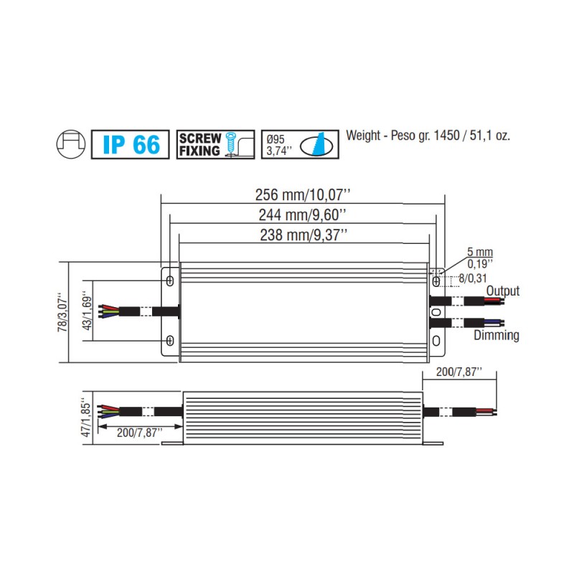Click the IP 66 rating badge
pyautogui.click(x=131, y=144)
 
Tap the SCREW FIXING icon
pyautogui.click(x=215, y=144)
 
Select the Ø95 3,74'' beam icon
pyautogui.click(x=298, y=144)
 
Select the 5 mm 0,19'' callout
pyautogui.click(x=479, y=258)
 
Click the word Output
pyautogui.click(x=502, y=291)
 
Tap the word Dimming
pyautogui.click(x=496, y=335)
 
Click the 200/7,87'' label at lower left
pyautogui.click(x=139, y=432)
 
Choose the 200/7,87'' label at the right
pyautogui.click(x=459, y=372)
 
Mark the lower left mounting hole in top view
pyautogui.click(x=170, y=340)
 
